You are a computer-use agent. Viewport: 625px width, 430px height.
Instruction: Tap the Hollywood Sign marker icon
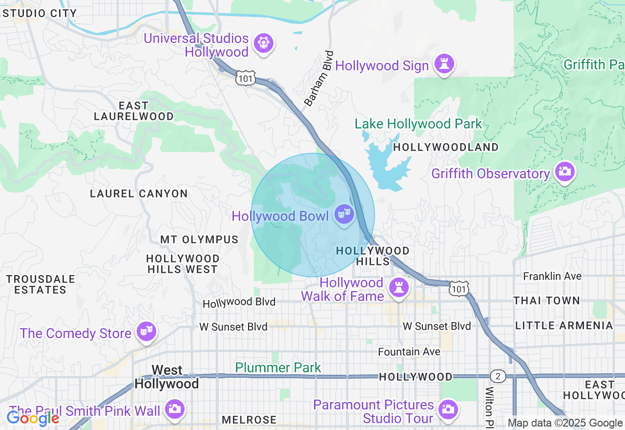click(444, 64)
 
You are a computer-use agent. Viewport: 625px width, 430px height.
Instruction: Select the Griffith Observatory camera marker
click(564, 172)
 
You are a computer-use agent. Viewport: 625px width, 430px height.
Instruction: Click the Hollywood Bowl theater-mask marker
click(344, 214)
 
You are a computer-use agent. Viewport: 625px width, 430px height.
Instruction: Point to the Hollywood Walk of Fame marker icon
click(398, 288)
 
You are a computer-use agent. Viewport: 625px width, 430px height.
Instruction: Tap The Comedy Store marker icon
click(146, 332)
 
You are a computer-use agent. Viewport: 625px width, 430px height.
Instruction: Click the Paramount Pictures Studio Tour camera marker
click(448, 409)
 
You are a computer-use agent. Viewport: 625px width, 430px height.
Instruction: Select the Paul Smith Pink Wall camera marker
click(174, 409)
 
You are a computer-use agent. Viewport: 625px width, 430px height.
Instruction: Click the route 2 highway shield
click(498, 376)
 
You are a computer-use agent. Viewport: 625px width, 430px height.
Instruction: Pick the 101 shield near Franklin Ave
click(459, 289)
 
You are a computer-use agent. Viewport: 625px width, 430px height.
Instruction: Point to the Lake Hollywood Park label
click(418, 124)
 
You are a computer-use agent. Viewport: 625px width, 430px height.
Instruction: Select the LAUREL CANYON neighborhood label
click(139, 194)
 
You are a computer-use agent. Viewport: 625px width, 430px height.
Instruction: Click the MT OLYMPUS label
click(199, 240)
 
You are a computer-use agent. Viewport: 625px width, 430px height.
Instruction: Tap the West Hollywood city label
click(167, 377)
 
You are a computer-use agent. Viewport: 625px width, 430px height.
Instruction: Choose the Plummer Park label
click(278, 367)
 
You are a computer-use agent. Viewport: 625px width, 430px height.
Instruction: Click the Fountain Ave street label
click(409, 352)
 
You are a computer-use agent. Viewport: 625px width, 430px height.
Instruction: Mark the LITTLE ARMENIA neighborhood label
click(563, 325)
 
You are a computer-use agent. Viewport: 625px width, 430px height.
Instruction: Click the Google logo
click(33, 418)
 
